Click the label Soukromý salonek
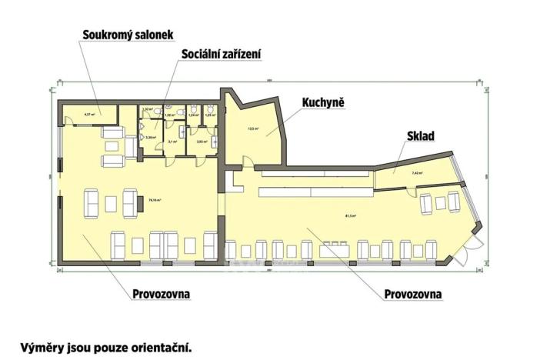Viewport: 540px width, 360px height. click(x=128, y=35)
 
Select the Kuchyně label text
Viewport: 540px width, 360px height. click(x=322, y=103)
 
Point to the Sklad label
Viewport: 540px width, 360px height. click(x=421, y=136)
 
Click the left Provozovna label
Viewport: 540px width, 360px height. click(x=162, y=295)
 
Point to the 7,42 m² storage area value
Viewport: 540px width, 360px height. click(x=417, y=173)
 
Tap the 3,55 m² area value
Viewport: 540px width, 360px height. click(x=202, y=142)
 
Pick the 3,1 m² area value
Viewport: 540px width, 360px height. click(x=172, y=142)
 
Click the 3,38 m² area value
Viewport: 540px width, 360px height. click(x=150, y=138)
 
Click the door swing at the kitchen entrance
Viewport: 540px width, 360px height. click(x=247, y=161)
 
